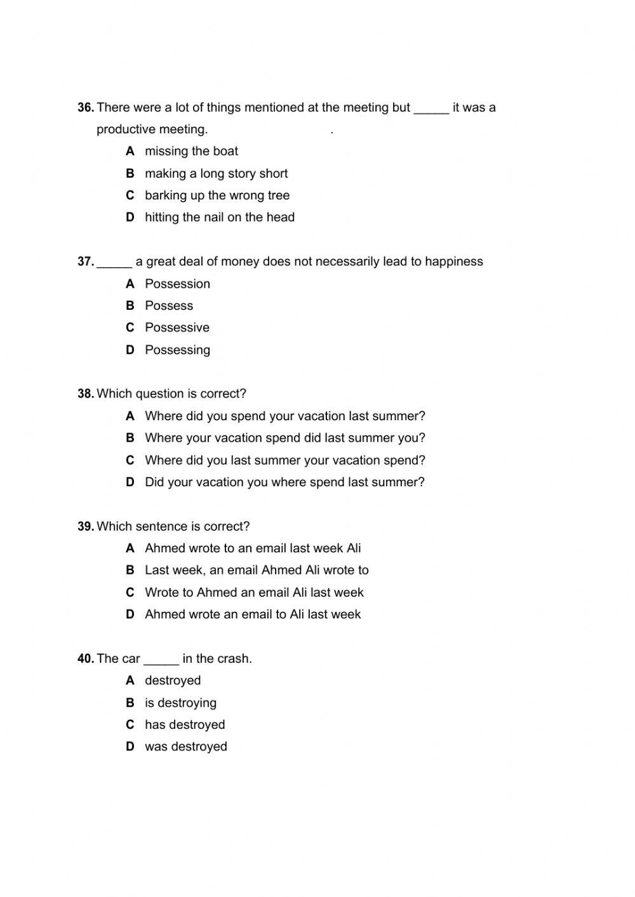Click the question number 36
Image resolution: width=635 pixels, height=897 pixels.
(x=86, y=108)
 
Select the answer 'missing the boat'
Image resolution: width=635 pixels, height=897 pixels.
(x=191, y=151)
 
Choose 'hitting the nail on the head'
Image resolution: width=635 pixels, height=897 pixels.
(x=219, y=217)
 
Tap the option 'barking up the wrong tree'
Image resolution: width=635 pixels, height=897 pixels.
(x=217, y=196)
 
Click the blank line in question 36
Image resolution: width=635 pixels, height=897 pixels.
(x=431, y=110)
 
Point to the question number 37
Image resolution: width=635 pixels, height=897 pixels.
(x=86, y=262)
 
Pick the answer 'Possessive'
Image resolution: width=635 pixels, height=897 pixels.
(x=177, y=328)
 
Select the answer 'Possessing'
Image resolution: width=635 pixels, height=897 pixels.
(x=177, y=350)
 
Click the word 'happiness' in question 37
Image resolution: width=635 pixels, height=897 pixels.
(x=453, y=262)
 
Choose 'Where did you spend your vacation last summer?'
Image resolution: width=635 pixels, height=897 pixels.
(x=284, y=416)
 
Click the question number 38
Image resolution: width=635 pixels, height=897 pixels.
(x=86, y=394)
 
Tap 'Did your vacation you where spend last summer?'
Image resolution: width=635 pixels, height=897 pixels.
(x=284, y=482)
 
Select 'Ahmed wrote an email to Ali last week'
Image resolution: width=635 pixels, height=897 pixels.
(x=252, y=615)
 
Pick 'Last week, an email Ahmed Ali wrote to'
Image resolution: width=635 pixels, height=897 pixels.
(x=256, y=570)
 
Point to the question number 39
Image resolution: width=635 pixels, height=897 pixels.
(x=86, y=526)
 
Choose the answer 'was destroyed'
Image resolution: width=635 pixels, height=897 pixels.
(x=185, y=747)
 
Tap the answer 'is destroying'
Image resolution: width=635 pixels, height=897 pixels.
(x=180, y=703)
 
